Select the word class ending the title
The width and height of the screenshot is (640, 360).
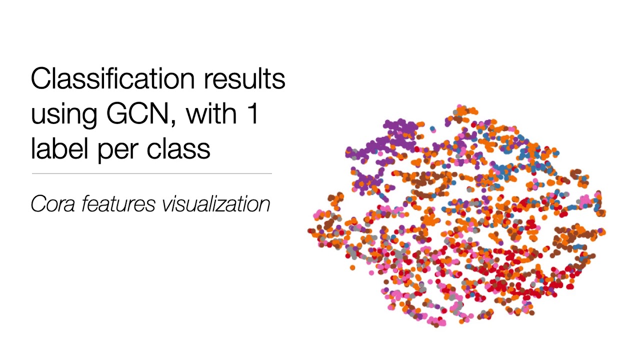tap(178, 148)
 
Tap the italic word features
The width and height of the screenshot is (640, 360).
tap(117, 204)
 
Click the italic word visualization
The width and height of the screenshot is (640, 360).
tap(215, 204)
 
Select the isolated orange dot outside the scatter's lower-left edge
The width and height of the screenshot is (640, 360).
tap(352, 268)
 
